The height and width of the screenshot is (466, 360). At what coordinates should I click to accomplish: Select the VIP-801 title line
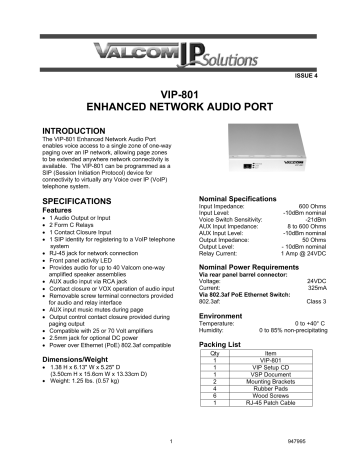[x=181, y=90]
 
